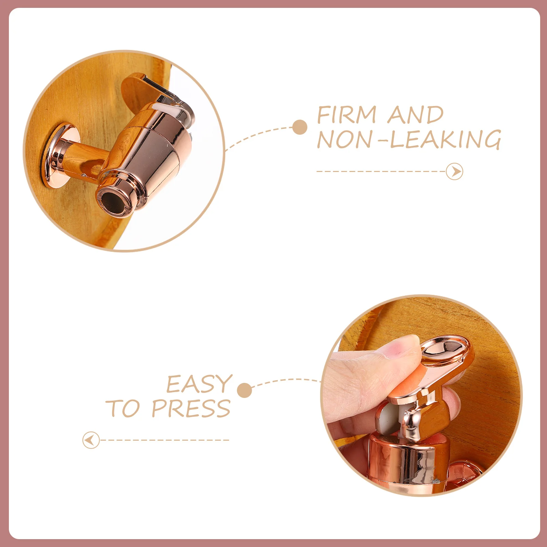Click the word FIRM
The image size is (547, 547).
tap(347, 115)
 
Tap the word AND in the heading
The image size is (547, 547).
tap(416, 115)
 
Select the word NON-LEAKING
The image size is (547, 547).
tap(409, 139)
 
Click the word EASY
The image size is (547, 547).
tap(199, 384)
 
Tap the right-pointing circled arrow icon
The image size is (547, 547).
tap(455, 171)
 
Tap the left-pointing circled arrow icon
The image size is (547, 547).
tap(91, 440)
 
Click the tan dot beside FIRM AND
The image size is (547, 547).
tap(300, 127)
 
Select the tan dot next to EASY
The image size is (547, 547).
tap(244, 390)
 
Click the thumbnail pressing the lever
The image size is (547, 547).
tap(407, 347)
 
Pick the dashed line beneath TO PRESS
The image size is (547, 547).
tap(164, 440)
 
